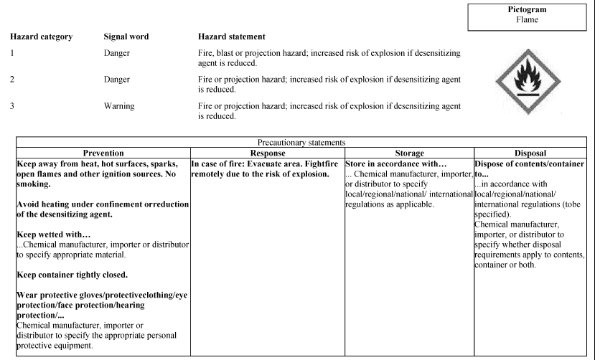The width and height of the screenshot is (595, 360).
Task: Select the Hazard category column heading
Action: click(x=41, y=37)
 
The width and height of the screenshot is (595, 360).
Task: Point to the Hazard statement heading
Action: click(x=231, y=37)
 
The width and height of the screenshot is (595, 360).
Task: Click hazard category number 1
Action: click(x=12, y=53)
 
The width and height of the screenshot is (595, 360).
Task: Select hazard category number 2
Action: click(x=12, y=80)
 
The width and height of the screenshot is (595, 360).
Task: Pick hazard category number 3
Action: click(x=12, y=106)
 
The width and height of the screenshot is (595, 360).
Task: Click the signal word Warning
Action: click(x=121, y=106)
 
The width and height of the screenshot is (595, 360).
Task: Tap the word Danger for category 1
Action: click(x=118, y=53)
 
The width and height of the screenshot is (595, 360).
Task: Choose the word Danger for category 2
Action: click(x=118, y=80)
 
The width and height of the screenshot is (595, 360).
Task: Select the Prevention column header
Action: click(x=103, y=153)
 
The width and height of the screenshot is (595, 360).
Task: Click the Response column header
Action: click(x=267, y=153)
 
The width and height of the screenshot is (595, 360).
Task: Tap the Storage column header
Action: click(x=409, y=153)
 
